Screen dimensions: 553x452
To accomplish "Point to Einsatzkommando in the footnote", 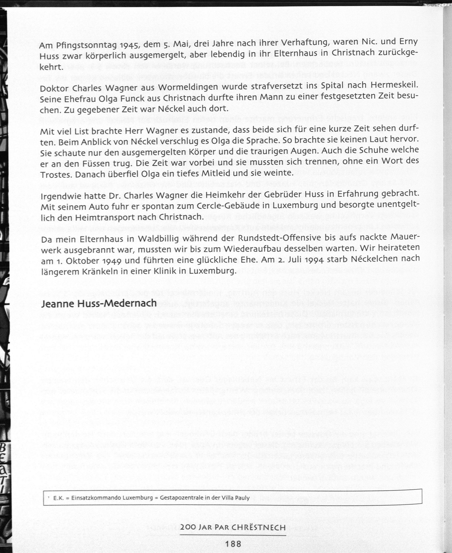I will (96, 498).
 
